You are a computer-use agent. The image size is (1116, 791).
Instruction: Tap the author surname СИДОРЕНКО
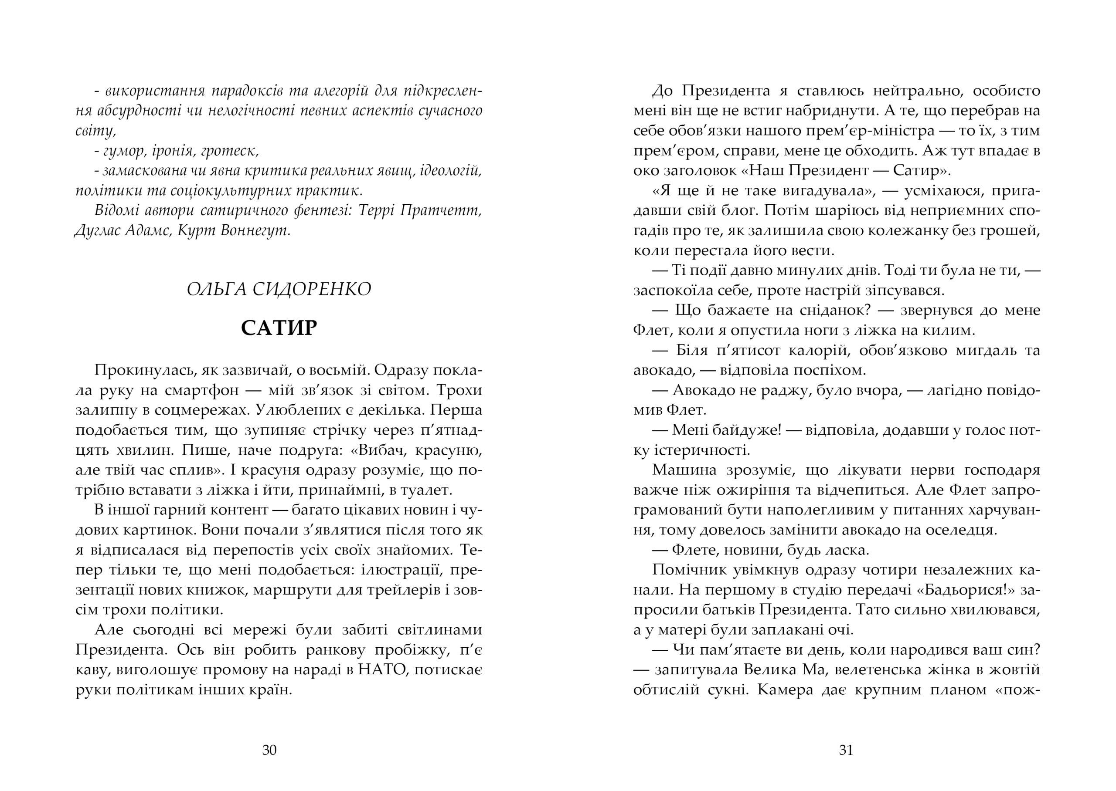312,289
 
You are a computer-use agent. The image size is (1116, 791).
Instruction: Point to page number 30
269,750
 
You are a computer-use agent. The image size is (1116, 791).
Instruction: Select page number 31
846,750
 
